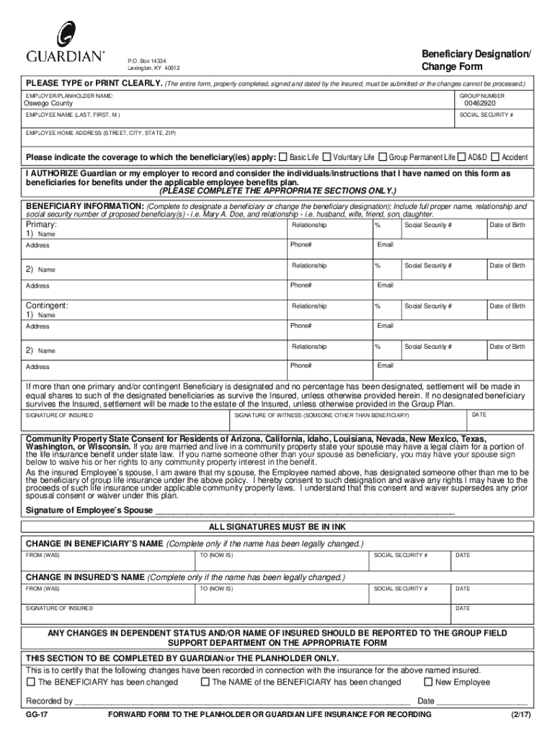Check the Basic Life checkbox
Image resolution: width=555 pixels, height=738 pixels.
coord(283,156)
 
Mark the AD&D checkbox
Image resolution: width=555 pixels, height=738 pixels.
coord(462,156)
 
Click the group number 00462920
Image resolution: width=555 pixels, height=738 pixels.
coord(479,103)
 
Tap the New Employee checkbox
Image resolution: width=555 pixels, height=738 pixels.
coord(428,681)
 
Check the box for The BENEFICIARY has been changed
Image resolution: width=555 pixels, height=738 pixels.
coord(31,681)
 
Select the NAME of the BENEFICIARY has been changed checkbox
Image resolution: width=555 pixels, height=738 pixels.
coord(205,681)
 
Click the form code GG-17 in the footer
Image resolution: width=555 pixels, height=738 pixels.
coord(37,714)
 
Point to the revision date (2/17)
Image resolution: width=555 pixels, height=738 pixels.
coord(517,714)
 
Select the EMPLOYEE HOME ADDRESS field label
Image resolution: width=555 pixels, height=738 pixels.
coord(101,133)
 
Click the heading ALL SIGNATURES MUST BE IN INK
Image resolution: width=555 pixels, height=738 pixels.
coord(277,526)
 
